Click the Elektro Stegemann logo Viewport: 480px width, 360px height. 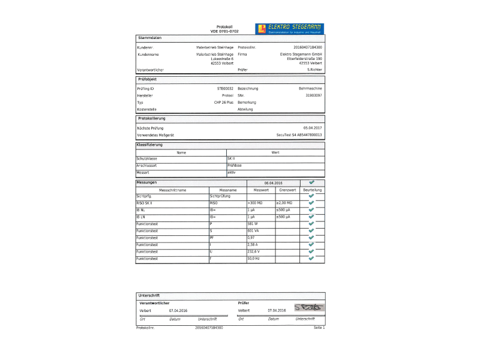pos(289,28)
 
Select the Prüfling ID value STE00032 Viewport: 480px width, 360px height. pos(225,88)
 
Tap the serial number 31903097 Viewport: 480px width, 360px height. pos(314,95)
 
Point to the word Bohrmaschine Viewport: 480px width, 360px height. pos(310,88)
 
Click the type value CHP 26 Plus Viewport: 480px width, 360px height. pos(224,103)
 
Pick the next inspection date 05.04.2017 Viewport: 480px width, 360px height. pos(313,128)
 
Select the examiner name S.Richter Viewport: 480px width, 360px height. pos(314,70)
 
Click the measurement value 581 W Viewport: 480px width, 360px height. pos(253,224)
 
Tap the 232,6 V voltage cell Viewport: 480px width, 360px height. pos(254,251)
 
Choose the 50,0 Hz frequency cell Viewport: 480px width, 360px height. pos(254,259)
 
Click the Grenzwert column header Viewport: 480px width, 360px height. pos(287,190)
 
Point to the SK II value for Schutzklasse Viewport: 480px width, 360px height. pos(231,158)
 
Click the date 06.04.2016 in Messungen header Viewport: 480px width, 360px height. pos(273,182)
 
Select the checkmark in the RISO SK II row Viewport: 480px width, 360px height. pos(311,203)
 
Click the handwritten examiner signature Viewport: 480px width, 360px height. pos(309,308)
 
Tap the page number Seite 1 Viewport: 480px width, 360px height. pos(319,328)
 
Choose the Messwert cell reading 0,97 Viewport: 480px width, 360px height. pos(251,238)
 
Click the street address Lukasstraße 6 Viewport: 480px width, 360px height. pos(222,59)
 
